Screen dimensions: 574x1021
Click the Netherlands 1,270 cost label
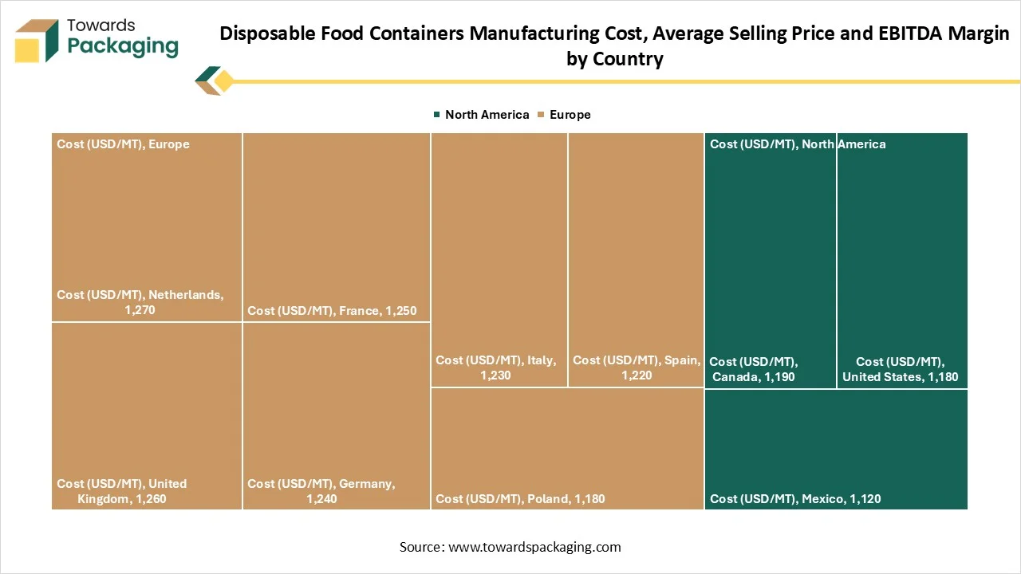click(x=140, y=302)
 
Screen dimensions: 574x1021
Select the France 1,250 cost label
click(x=332, y=310)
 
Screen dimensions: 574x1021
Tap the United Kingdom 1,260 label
click(x=122, y=491)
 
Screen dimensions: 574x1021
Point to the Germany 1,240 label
click(x=321, y=491)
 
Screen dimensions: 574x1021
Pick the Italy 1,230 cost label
click(x=495, y=368)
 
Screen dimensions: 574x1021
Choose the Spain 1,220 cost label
click(x=636, y=368)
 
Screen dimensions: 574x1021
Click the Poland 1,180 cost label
click(x=520, y=499)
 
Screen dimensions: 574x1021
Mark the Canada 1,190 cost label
click(x=754, y=369)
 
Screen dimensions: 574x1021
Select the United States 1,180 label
click(x=901, y=369)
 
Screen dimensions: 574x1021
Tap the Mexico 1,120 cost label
click(x=795, y=499)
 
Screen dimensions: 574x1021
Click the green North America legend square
click(x=436, y=115)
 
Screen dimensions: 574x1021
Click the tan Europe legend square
click(x=541, y=115)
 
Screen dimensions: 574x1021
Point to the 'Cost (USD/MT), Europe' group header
click(x=123, y=144)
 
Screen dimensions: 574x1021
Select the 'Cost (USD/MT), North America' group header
click(x=798, y=144)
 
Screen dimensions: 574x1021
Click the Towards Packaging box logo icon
click(x=37, y=41)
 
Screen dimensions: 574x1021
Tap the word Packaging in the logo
click(x=123, y=45)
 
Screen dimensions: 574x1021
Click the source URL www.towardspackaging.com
click(x=534, y=547)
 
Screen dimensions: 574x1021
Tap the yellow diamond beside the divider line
click(x=224, y=81)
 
